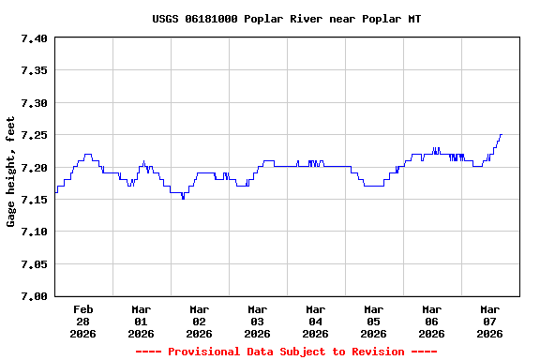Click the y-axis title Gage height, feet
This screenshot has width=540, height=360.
[x=11, y=172]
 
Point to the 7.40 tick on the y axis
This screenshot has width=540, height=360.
[x=34, y=38]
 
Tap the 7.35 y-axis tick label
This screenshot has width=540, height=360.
[x=34, y=70]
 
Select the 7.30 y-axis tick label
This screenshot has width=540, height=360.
[x=34, y=103]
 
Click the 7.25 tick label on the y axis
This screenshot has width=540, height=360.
[x=34, y=135]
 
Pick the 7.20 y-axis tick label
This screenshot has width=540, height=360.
[x=34, y=168]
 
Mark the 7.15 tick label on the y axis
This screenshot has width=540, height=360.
[x=34, y=200]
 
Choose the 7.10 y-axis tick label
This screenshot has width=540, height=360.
[x=34, y=232]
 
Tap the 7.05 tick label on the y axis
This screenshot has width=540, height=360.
[x=34, y=264]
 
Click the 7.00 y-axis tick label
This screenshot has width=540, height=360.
[x=34, y=296]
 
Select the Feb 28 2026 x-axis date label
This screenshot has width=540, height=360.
[x=83, y=321]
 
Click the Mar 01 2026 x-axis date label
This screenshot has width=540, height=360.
[x=142, y=321]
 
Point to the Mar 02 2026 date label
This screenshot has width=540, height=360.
[x=200, y=321]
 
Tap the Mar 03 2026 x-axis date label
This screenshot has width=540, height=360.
[x=258, y=321]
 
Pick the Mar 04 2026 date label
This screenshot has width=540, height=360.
[x=316, y=321]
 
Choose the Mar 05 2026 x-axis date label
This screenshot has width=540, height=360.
[x=374, y=321]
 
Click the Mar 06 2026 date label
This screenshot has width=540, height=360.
[x=432, y=321]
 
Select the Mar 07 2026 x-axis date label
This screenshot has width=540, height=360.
[x=490, y=321]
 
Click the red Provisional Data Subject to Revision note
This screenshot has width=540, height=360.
[x=286, y=352]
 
